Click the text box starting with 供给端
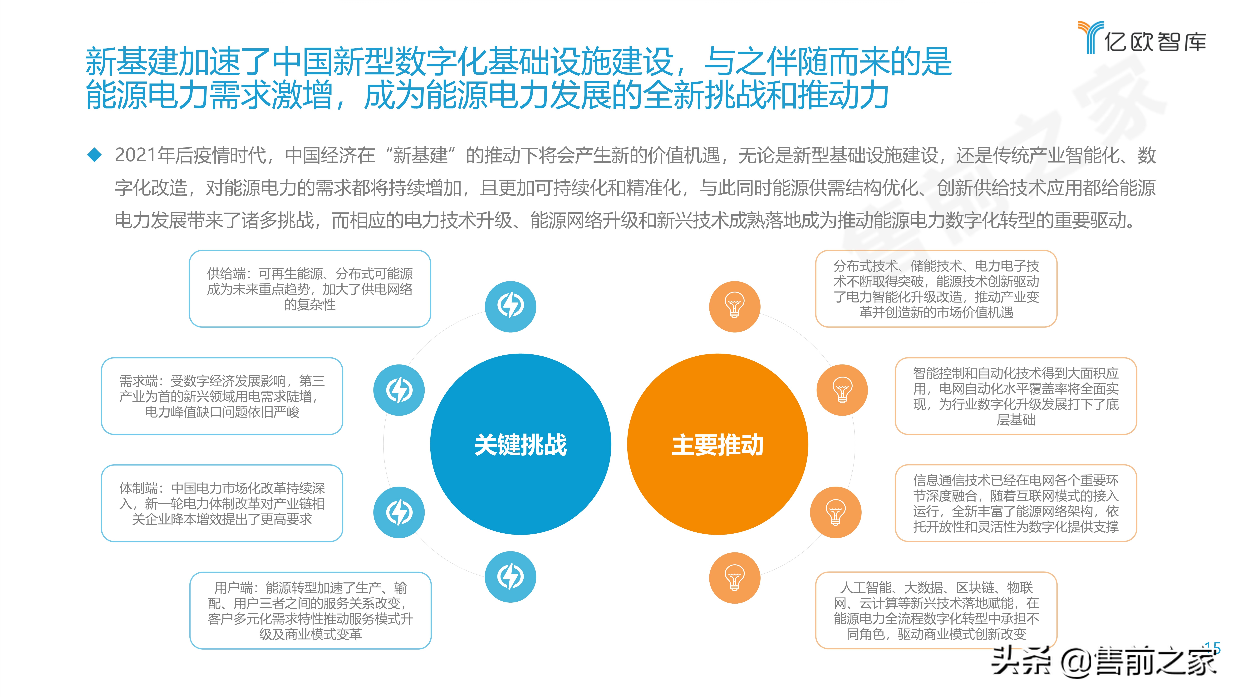(310, 289)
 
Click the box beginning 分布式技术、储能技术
(936, 289)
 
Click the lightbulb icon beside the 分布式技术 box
(734, 306)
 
